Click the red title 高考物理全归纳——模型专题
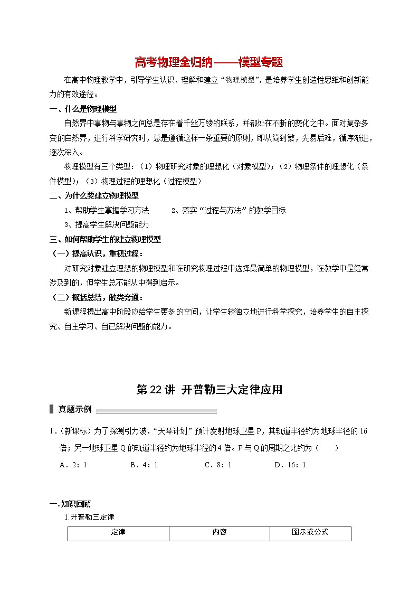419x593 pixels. [209, 63]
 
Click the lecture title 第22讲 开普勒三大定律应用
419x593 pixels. [209, 390]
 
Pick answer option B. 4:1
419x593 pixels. [144, 465]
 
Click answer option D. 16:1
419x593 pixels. [290, 465]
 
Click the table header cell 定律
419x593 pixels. [118, 532]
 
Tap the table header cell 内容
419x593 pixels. [220, 532]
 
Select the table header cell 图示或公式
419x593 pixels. [310, 532]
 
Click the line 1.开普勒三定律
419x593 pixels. [89, 517]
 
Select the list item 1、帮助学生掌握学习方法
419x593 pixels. [107, 210]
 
